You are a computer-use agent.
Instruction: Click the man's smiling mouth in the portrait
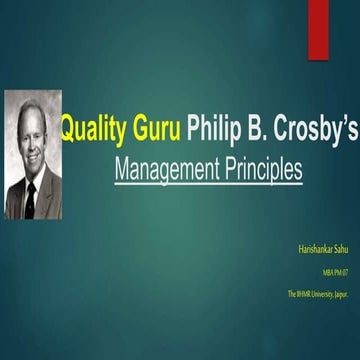tap(31, 157)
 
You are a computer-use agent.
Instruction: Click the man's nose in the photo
tap(30, 143)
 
